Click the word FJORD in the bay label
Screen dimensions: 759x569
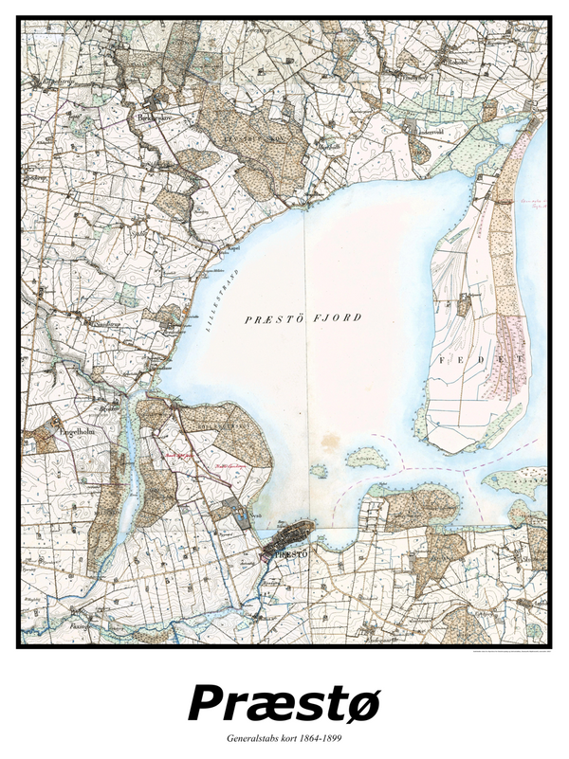click(342, 318)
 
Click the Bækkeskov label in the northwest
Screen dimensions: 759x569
click(156, 119)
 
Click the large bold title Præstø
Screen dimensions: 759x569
click(284, 702)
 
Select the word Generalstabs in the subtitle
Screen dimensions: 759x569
click(255, 736)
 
